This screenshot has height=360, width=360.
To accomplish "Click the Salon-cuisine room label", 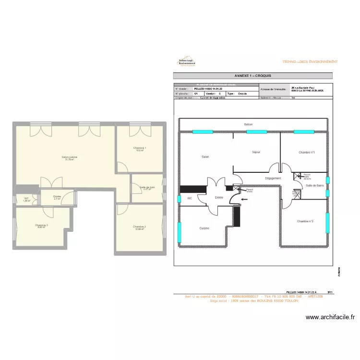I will (x=69, y=158).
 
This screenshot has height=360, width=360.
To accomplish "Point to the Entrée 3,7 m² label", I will (x=57, y=197).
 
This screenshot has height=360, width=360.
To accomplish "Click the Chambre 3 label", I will (x=41, y=226).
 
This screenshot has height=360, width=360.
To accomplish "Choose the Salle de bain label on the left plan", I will (x=147, y=188).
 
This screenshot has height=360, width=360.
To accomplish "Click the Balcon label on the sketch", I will (x=248, y=124).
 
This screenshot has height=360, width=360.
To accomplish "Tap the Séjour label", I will (x=256, y=152).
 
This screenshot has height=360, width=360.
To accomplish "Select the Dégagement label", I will (x=273, y=179).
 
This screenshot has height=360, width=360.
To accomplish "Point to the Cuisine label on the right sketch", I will (x=204, y=228).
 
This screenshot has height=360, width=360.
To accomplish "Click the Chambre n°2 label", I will (x=305, y=221).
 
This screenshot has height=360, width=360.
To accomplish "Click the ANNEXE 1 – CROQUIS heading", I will (x=252, y=76).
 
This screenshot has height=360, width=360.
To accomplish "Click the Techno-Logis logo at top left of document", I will (x=187, y=62).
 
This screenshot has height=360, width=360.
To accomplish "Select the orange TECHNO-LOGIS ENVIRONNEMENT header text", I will (x=310, y=62).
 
